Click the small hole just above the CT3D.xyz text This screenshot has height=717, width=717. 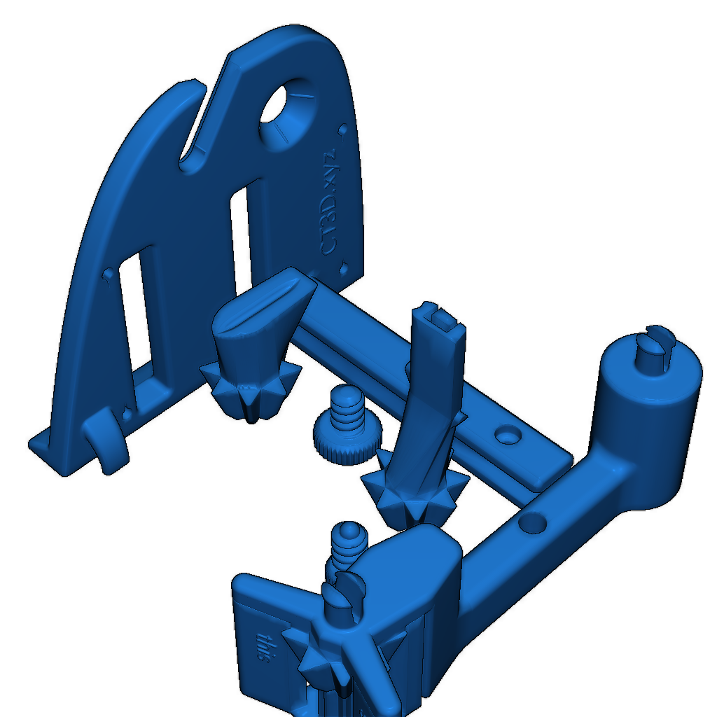(x=342, y=130)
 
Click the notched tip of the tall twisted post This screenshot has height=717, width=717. (x=439, y=319)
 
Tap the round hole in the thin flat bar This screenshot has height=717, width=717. (x=506, y=436)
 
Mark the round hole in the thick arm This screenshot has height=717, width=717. (x=532, y=522)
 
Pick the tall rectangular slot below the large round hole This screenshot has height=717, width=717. (x=242, y=238)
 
